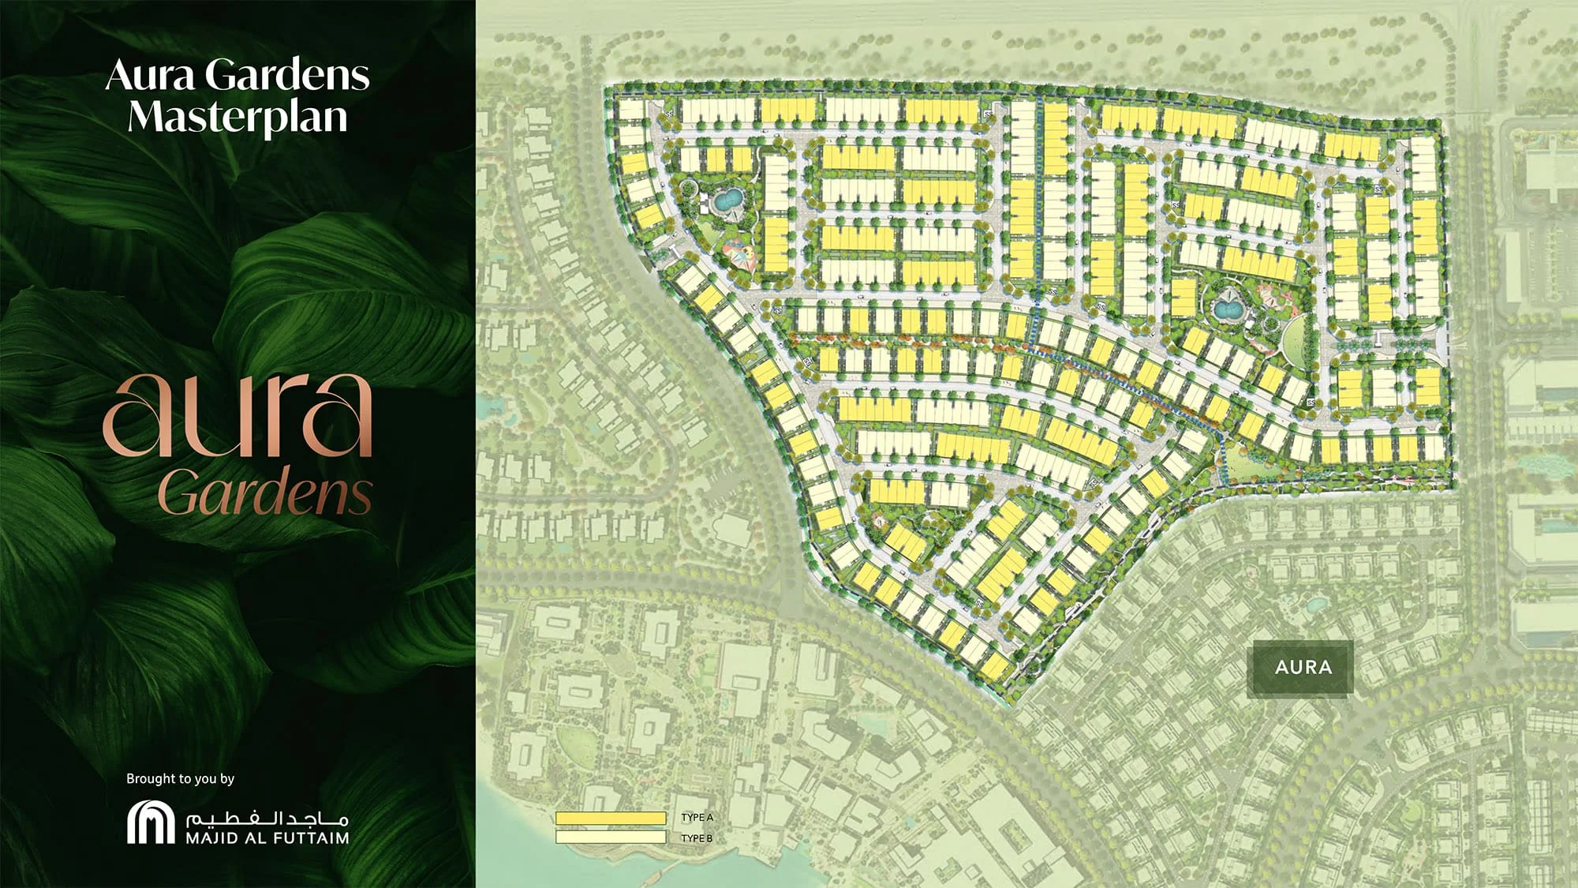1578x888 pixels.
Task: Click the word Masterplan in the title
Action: (x=237, y=118)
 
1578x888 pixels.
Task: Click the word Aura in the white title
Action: (x=150, y=76)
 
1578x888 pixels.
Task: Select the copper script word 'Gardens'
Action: (x=264, y=492)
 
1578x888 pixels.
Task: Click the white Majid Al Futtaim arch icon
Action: (x=151, y=823)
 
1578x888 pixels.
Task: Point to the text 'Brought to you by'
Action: (x=181, y=779)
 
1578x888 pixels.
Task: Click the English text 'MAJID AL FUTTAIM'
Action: (x=267, y=838)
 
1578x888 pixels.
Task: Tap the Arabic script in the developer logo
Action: (x=267, y=818)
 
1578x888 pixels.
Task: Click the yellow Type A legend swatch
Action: (x=610, y=818)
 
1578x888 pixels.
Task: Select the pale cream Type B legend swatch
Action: (x=610, y=837)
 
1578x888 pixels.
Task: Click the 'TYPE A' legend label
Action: (x=697, y=818)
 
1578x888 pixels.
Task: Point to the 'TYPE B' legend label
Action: (x=697, y=837)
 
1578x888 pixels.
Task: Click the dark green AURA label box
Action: (x=1303, y=667)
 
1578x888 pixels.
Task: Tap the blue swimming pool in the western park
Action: (x=727, y=198)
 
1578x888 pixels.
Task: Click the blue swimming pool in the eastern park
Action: (x=1226, y=308)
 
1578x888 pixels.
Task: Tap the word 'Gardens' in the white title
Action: (x=287, y=76)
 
